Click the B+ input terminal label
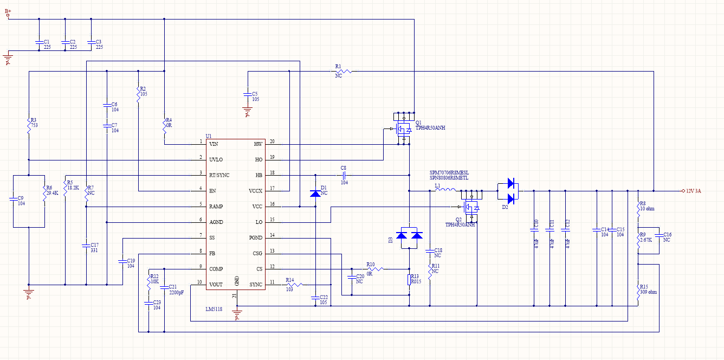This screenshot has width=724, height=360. pyautogui.click(x=8, y=11)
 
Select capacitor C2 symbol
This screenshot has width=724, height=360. pyautogui.click(x=64, y=42)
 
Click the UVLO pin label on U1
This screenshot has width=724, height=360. pyautogui.click(x=215, y=160)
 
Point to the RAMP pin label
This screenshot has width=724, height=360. pyautogui.click(x=216, y=207)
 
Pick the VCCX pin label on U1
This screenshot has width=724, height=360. pyautogui.click(x=255, y=191)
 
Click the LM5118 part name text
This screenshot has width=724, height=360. pyautogui.click(x=214, y=309)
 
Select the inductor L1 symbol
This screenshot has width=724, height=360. pyautogui.click(x=445, y=191)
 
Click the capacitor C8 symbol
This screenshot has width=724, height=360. pyautogui.click(x=343, y=176)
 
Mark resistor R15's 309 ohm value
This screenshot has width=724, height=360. pyautogui.click(x=649, y=292)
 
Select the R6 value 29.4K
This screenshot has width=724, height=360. pyautogui.click(x=53, y=192)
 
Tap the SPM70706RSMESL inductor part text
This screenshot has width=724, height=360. pyautogui.click(x=449, y=172)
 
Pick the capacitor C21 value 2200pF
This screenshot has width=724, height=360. pyautogui.click(x=177, y=292)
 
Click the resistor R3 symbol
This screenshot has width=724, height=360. pyautogui.click(x=29, y=127)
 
